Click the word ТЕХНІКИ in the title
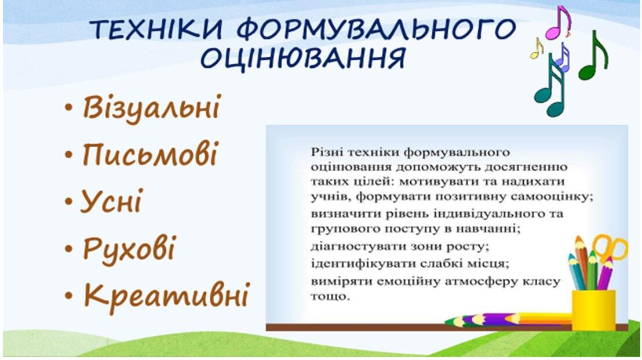click(x=157, y=29)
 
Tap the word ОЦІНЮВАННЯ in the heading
click(x=303, y=58)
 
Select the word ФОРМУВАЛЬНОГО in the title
click(x=376, y=29)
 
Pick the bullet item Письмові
click(x=150, y=154)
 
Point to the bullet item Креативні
click(x=167, y=295)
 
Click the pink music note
click(x=559, y=23)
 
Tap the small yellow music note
click(x=537, y=48)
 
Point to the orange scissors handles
click(x=611, y=246)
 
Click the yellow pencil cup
click(x=594, y=310)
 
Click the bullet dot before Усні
click(x=69, y=202)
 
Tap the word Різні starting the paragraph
click(x=327, y=152)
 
